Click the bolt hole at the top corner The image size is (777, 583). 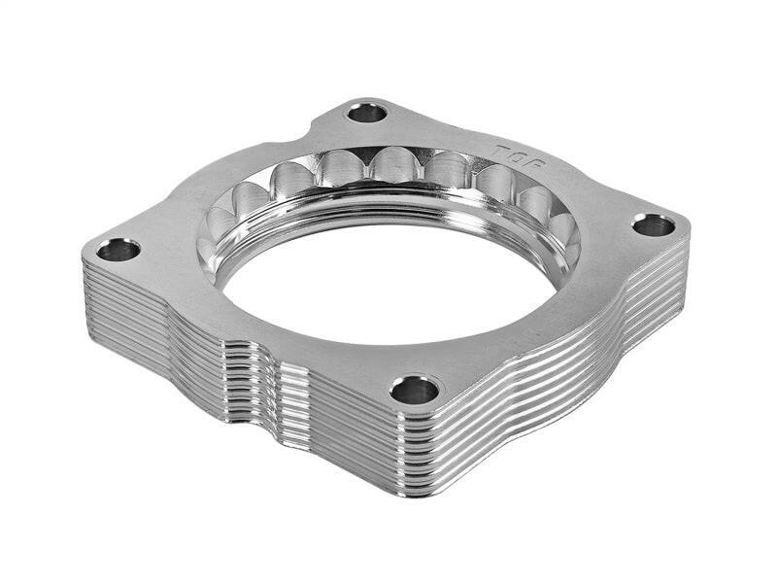coord(367,113)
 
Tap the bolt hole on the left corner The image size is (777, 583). coord(118,250)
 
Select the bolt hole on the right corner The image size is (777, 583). coord(653,225)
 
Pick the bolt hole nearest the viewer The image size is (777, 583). coord(415,390)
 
